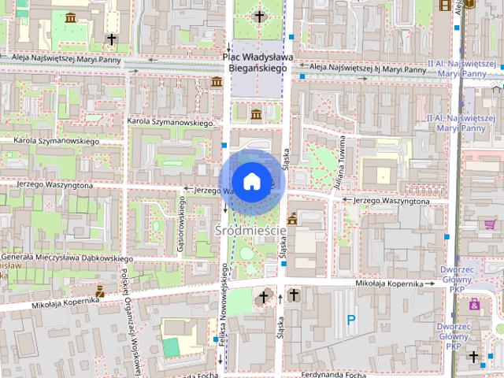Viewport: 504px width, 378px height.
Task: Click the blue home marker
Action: click(251, 181)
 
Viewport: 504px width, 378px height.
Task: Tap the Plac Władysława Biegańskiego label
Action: click(258, 63)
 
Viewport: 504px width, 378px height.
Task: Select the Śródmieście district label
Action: click(250, 229)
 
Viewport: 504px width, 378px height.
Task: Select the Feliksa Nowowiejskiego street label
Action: click(224, 308)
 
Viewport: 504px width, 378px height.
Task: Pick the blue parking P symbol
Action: click(352, 320)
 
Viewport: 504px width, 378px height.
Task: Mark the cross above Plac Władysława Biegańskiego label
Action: click(259, 16)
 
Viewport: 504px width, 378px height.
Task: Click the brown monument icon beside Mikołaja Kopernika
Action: click(100, 291)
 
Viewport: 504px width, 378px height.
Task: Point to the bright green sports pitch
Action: click(171, 347)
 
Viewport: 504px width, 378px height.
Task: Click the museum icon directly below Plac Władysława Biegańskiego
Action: click(256, 115)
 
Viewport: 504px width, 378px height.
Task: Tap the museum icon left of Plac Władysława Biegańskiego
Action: click(216, 83)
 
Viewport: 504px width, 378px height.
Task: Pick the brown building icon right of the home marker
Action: click(292, 219)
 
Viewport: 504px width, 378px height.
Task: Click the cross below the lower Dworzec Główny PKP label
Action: click(473, 357)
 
